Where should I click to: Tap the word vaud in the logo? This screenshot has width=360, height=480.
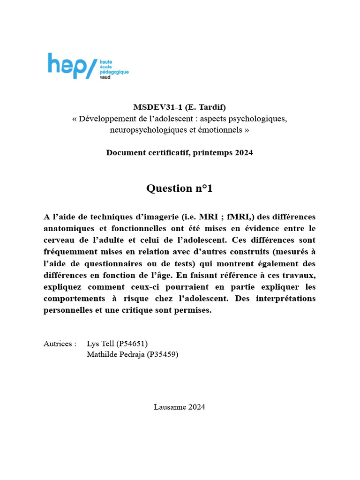click(106, 78)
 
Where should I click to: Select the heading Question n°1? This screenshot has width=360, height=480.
click(180, 188)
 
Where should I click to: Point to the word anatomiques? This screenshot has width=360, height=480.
click(68, 228)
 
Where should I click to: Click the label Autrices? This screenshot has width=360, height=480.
click(60, 344)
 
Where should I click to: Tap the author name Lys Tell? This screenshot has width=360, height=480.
click(101, 344)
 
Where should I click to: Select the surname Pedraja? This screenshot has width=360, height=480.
click(129, 354)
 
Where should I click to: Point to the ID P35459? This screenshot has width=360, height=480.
click(163, 354)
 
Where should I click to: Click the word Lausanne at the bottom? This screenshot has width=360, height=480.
click(170, 407)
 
